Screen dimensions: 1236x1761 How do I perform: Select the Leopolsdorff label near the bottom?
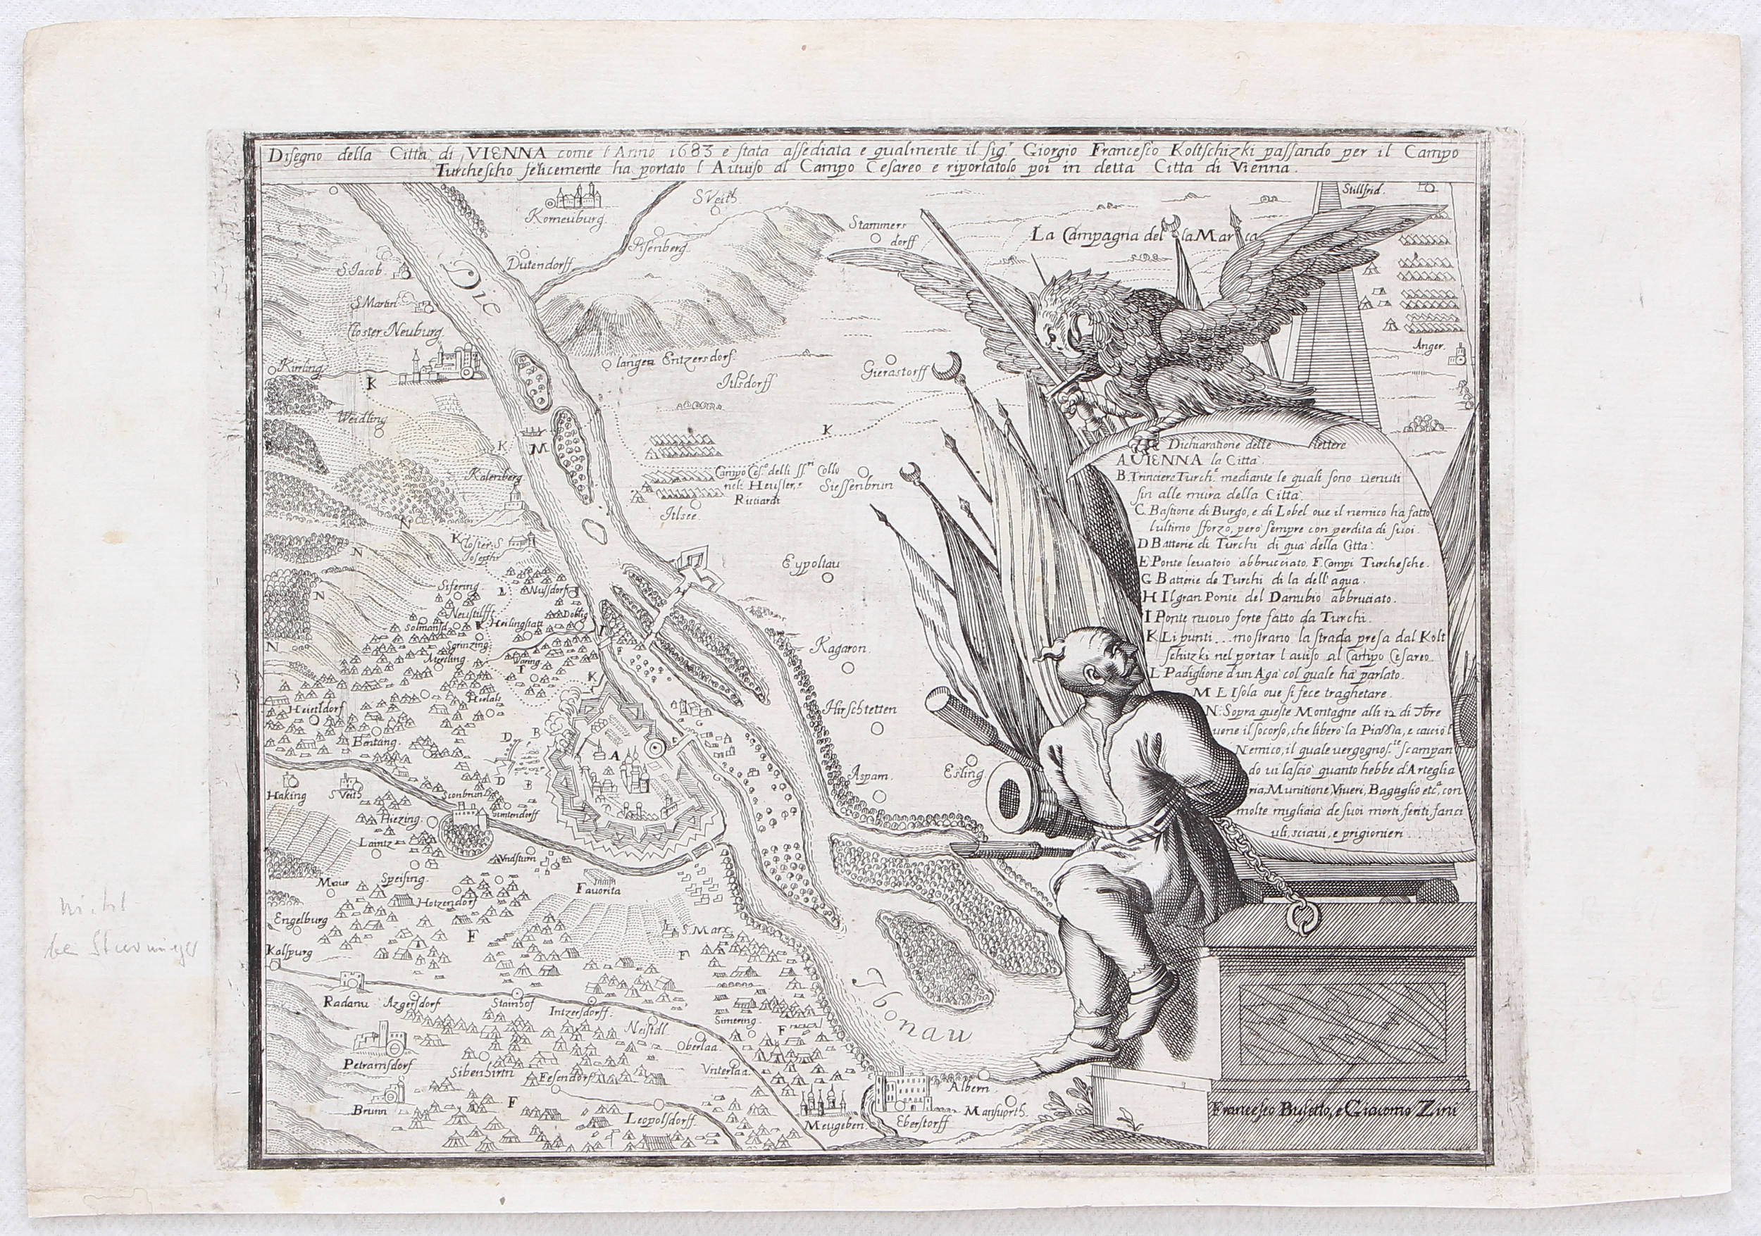point(661,1140)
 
